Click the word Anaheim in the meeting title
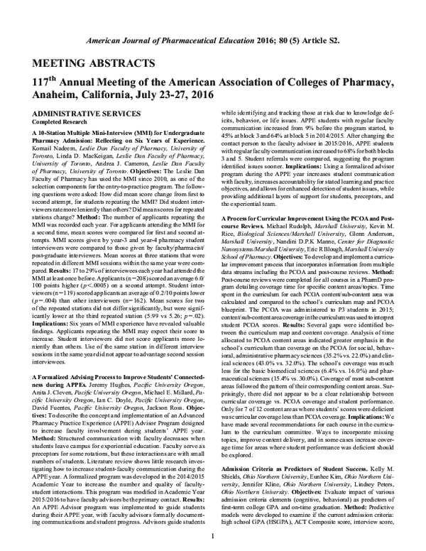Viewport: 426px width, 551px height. tap(60, 95)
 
